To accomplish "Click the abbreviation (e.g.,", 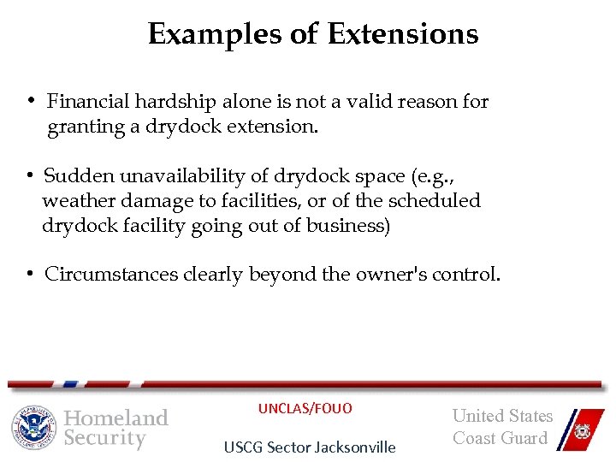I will point(434,176).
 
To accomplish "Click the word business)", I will point(347,225).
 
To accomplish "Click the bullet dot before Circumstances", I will point(29,275).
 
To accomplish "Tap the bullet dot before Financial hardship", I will point(30,102).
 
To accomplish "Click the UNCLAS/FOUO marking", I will point(305,408).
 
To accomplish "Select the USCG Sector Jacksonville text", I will point(310,447).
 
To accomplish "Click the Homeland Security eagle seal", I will point(33,426).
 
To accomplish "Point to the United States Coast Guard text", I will point(502,427).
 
